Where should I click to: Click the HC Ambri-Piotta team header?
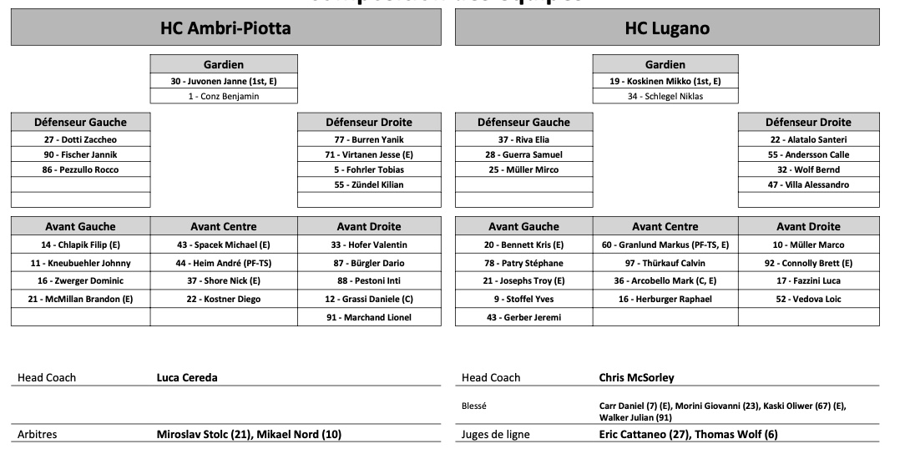click(x=225, y=28)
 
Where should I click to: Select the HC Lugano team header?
click(x=667, y=28)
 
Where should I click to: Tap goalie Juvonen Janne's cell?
click(x=224, y=81)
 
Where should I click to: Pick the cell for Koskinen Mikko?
click(x=665, y=81)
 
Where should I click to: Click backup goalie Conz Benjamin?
click(x=224, y=96)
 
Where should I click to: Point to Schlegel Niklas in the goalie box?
click(x=665, y=96)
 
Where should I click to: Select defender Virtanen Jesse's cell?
click(x=369, y=154)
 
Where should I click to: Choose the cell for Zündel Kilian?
click(x=369, y=184)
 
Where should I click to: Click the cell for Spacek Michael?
click(x=224, y=245)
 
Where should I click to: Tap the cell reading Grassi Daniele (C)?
click(x=369, y=299)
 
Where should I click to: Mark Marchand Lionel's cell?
click(x=369, y=317)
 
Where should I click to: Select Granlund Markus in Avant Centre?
click(x=665, y=245)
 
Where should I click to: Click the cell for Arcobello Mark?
click(x=665, y=280)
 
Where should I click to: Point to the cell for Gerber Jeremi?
click(x=523, y=317)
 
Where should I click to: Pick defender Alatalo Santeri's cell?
click(x=808, y=139)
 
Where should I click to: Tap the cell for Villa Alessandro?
click(x=808, y=184)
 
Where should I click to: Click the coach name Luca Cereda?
click(x=187, y=377)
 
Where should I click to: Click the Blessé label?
click(x=474, y=406)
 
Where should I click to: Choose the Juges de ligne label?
click(x=495, y=434)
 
